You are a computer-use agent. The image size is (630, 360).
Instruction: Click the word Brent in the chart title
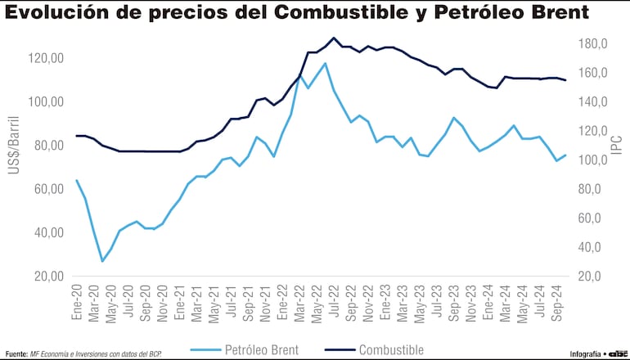(x=553, y=13)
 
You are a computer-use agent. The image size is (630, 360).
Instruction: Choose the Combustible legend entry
(x=391, y=349)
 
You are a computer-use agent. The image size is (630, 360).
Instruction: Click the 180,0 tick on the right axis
(x=591, y=43)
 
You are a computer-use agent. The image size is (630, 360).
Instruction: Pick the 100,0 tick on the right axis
(x=591, y=160)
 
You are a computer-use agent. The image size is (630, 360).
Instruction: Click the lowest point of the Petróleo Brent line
(x=102, y=261)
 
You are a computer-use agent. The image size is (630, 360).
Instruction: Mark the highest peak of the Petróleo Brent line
(x=325, y=63)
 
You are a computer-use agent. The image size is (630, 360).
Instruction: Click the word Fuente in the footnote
(x=16, y=353)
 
